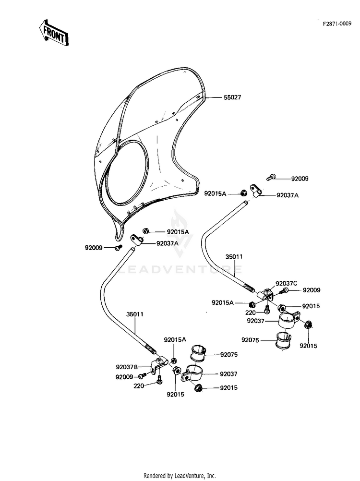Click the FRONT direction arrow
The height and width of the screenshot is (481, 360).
click(x=54, y=33)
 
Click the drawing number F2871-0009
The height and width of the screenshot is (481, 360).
click(x=336, y=24)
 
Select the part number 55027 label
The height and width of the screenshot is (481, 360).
click(x=232, y=97)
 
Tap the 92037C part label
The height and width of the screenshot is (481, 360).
click(x=286, y=283)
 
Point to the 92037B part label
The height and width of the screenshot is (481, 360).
click(x=127, y=367)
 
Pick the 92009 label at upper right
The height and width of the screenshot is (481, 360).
click(x=300, y=179)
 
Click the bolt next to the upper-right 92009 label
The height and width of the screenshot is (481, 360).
click(x=271, y=177)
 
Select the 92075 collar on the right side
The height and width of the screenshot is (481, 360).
click(x=283, y=340)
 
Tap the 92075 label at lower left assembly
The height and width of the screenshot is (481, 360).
click(x=229, y=355)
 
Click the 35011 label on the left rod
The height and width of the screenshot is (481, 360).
click(x=134, y=314)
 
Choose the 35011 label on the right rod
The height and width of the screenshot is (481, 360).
click(x=234, y=257)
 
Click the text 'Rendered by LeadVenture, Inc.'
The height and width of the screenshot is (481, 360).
click(x=180, y=476)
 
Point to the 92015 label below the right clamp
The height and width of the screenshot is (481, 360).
click(x=309, y=346)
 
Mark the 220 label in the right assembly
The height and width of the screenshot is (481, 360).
click(x=251, y=313)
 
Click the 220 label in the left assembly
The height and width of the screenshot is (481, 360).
click(x=139, y=386)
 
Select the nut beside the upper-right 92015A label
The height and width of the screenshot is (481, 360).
click(x=243, y=193)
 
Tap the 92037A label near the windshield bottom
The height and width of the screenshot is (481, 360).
click(x=168, y=243)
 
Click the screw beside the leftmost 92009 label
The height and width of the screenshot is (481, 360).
click(x=118, y=248)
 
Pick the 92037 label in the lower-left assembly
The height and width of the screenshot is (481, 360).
click(x=228, y=374)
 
